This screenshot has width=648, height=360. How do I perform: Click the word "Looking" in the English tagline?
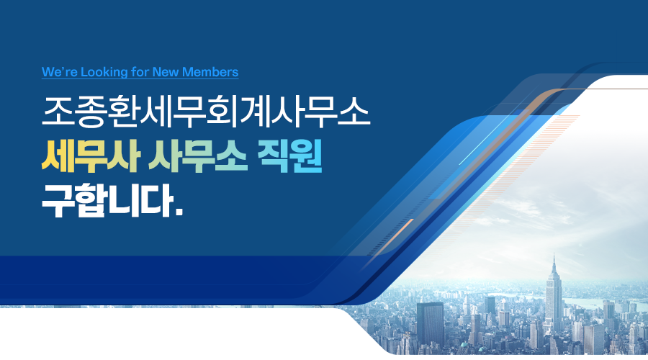104,72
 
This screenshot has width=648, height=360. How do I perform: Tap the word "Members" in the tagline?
210,72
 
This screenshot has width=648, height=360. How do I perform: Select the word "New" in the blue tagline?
166,72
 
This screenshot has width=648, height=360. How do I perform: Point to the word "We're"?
60,72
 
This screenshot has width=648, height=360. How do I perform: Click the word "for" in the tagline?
140,72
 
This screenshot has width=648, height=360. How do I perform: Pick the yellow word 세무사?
91,156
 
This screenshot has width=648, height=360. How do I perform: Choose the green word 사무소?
197,156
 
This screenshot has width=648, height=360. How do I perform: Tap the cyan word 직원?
289,156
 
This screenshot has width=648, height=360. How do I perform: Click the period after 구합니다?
179,212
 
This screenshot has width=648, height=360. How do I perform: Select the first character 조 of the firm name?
58,112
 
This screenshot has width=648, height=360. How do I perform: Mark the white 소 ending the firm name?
354,112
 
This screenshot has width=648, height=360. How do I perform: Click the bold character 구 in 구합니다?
58,201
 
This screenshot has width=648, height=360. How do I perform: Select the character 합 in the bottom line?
91,201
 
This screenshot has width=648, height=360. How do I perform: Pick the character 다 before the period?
157,201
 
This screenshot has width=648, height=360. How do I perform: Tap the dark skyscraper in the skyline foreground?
430,324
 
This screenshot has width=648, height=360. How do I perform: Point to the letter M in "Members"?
188,72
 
